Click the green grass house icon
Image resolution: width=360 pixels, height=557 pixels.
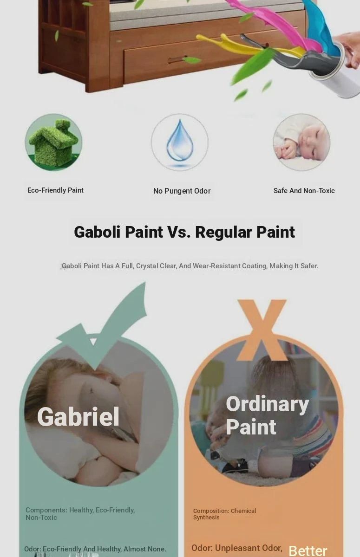(x=53, y=142)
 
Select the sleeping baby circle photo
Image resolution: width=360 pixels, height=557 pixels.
(x=301, y=142)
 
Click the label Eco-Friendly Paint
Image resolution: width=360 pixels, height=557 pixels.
(x=55, y=190)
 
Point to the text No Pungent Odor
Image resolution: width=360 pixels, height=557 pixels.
(x=182, y=191)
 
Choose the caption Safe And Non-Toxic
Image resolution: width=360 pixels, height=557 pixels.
(x=304, y=191)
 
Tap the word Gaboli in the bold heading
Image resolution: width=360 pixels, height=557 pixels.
(x=97, y=232)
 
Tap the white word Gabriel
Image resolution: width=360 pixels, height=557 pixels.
(x=78, y=417)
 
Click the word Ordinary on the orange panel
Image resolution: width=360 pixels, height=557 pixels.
(x=268, y=405)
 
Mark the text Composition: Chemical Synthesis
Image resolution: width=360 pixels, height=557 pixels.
(x=225, y=514)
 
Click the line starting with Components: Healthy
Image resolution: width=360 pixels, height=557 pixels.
(x=80, y=510)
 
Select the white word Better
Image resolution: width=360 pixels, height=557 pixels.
(x=308, y=551)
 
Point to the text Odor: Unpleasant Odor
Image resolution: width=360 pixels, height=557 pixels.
(x=237, y=548)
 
